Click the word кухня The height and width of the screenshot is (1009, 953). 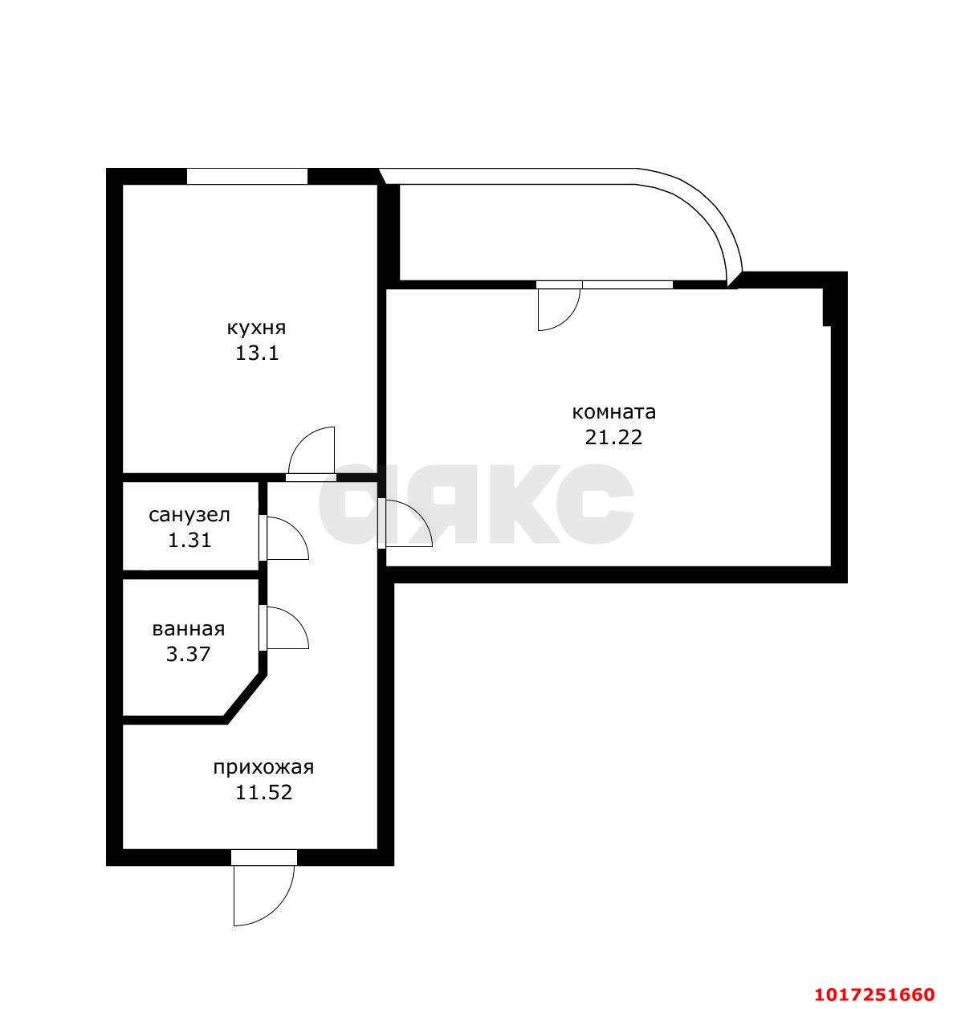tap(256, 329)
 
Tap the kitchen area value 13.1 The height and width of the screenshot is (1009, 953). tap(257, 353)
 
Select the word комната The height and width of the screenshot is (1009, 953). tap(613, 412)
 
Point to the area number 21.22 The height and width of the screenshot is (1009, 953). tap(613, 438)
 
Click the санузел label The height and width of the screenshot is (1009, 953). tap(189, 515)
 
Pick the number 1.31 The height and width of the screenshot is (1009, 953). tap(189, 540)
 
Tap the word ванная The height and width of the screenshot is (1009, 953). tap(189, 630)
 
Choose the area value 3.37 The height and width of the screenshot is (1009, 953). tap(188, 655)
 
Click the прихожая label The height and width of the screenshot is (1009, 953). tap(263, 768)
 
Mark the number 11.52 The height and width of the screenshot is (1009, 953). tap(263, 793)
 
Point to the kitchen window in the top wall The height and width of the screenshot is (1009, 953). tap(247, 176)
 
